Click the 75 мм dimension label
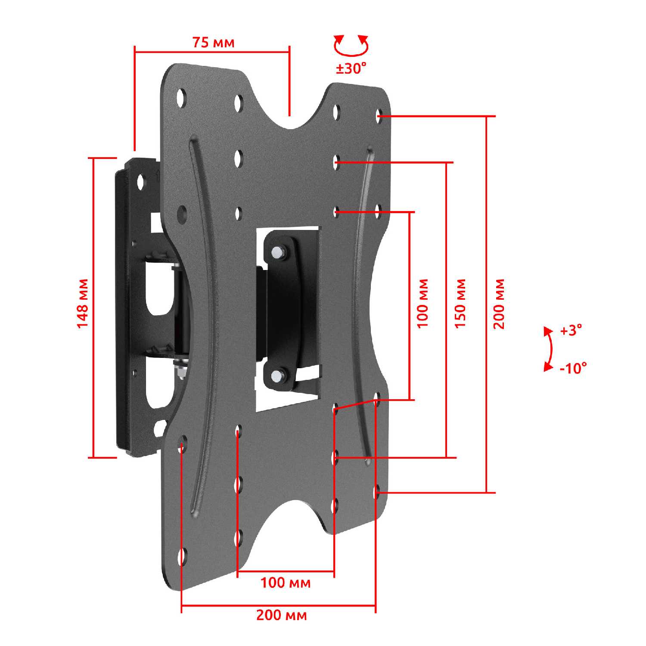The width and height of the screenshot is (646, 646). (213, 43)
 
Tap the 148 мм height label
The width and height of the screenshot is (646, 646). (82, 303)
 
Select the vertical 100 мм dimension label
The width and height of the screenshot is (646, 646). (423, 303)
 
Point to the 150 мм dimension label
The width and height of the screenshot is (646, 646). (460, 303)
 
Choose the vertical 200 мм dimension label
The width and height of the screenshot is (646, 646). (499, 304)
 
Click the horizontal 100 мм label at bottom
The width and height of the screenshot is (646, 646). (285, 583)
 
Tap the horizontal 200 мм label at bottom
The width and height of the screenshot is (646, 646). (282, 615)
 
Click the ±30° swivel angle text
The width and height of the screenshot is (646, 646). (351, 68)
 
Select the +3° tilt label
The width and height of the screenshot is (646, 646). (571, 331)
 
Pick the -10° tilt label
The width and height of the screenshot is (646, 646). (573, 369)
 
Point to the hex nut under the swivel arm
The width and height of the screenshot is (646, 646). (180, 371)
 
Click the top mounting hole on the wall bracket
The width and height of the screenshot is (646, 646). (140, 182)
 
